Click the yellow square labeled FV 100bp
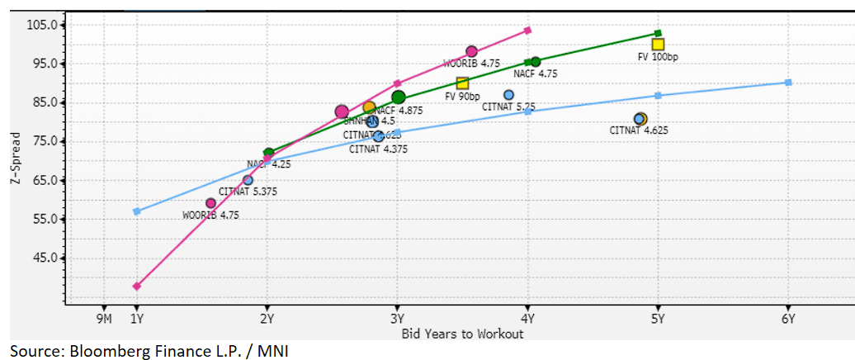[x=658, y=45]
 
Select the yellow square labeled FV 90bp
[x=462, y=83]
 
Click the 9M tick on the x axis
[x=103, y=318]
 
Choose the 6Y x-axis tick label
[x=787, y=318]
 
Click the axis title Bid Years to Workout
[x=462, y=334]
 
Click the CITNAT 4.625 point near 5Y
[x=640, y=119]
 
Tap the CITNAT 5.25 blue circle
[x=508, y=95]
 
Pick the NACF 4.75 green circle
[x=536, y=62]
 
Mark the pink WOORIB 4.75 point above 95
[x=471, y=51]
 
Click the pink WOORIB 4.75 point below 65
[x=210, y=203]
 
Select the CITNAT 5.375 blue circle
[x=248, y=180]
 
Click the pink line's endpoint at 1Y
[x=137, y=287]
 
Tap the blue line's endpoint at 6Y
[x=788, y=82]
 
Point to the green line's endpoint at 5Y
[x=658, y=34]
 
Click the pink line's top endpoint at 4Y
[x=527, y=31]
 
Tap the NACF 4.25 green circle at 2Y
[x=268, y=153]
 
